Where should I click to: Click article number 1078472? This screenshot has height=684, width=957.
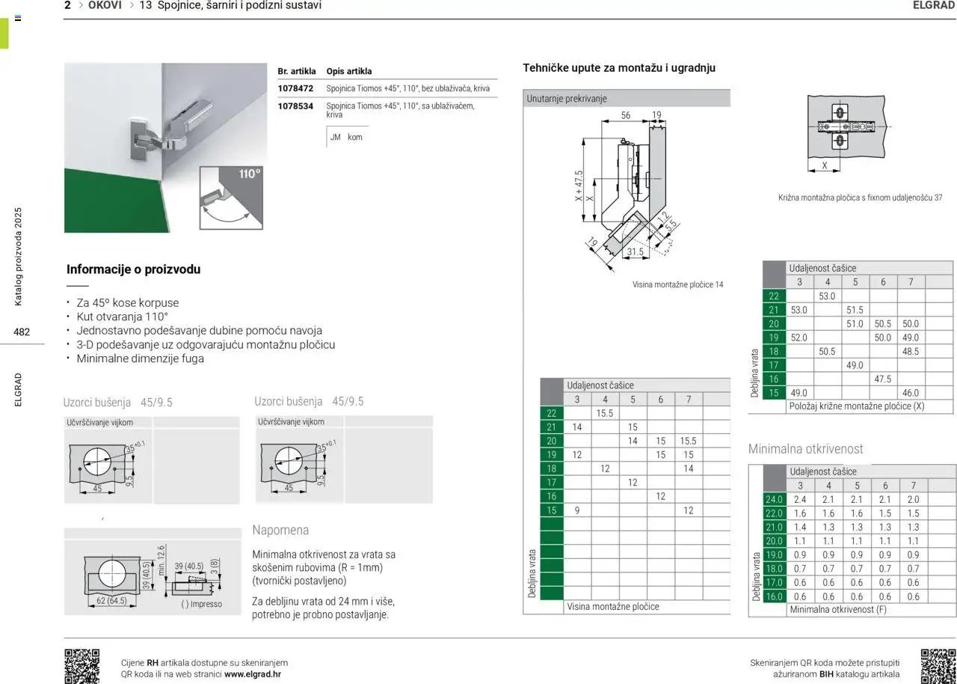coord(295,88)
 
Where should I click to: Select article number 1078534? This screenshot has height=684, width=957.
coord(295,106)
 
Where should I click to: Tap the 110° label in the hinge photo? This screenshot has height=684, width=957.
coord(250,174)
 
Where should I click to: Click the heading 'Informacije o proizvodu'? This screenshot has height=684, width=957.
coord(133,269)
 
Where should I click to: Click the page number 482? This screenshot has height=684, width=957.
coord(22,332)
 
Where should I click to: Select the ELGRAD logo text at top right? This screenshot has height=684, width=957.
coord(934,5)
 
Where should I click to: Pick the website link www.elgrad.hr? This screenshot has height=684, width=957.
coord(253,674)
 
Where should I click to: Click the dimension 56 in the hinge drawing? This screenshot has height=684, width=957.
coord(626,115)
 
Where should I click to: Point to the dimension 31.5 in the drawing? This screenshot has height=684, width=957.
coord(636,251)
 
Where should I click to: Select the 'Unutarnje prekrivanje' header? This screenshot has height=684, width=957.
coord(567,99)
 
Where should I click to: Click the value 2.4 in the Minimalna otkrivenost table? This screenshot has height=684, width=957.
coord(800,499)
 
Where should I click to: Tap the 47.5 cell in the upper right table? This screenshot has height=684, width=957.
coord(882,379)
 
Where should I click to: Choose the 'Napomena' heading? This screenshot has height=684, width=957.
coord(280,530)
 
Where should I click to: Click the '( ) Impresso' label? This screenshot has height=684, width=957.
coord(201,604)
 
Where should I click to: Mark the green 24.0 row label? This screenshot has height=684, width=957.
coord(774,499)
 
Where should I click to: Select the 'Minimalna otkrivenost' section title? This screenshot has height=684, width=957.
coord(805,449)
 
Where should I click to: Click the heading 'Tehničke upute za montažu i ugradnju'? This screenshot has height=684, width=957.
coord(619,68)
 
